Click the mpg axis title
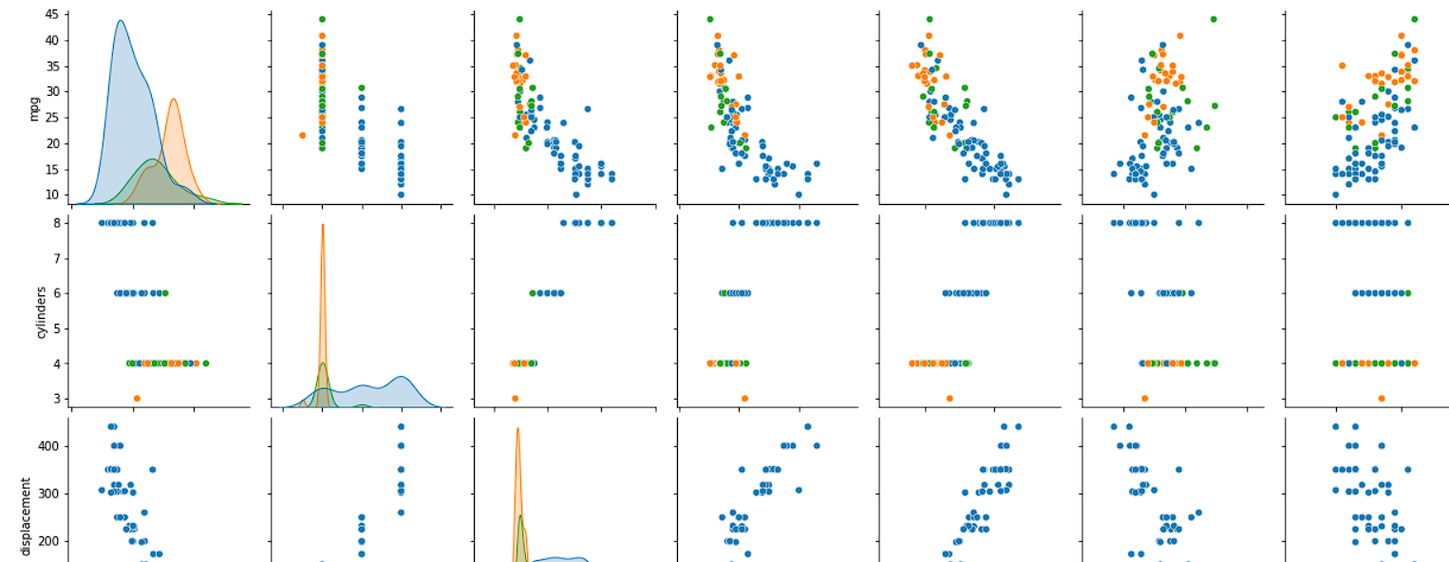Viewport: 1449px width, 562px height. click(x=33, y=108)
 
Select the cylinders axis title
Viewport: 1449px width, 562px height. click(x=41, y=313)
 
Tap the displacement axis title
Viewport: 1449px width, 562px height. click(x=26, y=516)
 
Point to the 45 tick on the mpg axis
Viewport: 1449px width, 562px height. click(x=52, y=14)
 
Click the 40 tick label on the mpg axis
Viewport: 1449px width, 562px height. click(x=52, y=40)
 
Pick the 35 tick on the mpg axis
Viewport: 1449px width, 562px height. click(x=52, y=66)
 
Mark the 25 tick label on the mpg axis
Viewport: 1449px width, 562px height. click(x=52, y=118)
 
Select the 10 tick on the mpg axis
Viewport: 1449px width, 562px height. click(x=52, y=195)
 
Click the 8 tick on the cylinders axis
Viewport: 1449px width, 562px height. click(x=56, y=223)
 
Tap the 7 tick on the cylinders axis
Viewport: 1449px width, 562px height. click(x=56, y=258)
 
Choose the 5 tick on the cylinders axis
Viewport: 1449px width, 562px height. click(x=56, y=328)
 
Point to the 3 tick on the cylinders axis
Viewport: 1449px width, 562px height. click(x=56, y=399)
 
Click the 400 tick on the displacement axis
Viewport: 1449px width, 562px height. click(x=49, y=445)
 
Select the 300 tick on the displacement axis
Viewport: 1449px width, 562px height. click(x=49, y=494)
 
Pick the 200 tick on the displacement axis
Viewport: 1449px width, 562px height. click(x=49, y=541)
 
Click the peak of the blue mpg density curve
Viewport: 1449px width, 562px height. click(x=121, y=21)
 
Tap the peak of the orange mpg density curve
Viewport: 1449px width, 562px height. click(x=174, y=99)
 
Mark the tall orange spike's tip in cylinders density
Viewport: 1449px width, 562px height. click(x=323, y=224)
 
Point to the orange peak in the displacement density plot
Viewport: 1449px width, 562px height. click(x=517, y=428)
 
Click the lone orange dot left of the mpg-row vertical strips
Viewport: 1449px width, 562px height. click(x=302, y=135)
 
